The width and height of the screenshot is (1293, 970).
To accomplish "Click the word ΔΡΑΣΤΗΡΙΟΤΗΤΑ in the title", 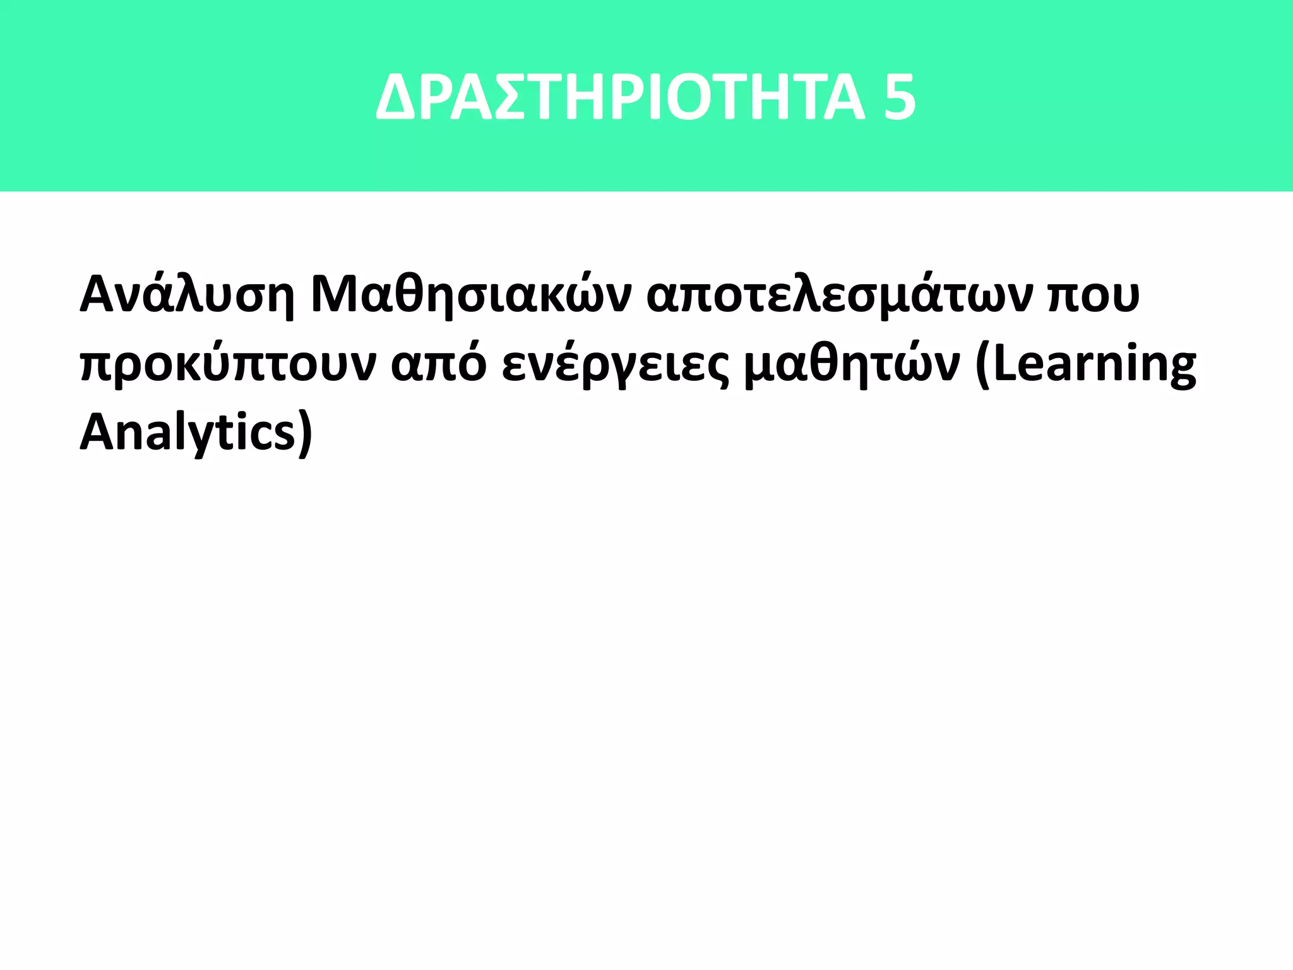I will coord(620,98).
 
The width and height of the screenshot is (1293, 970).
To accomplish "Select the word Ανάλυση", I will coord(187,296).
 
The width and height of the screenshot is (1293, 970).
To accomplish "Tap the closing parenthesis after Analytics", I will coord(305,434).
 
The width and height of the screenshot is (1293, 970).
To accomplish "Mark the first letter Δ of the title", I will coord(396,98).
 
